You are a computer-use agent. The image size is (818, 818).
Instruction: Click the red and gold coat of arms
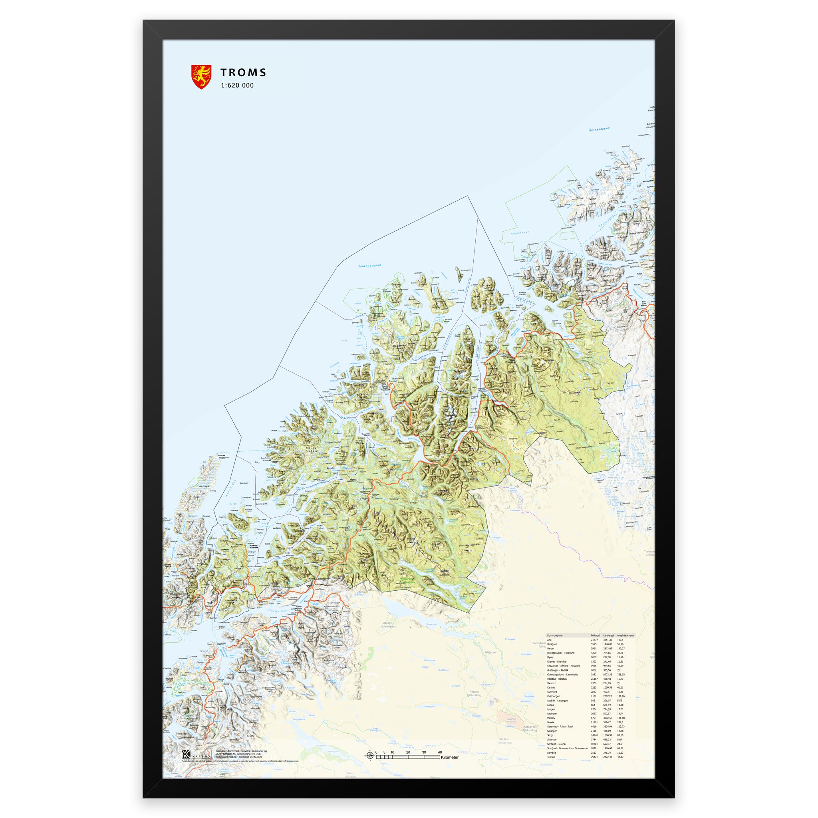(201, 77)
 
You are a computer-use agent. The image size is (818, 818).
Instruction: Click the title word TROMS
(243, 72)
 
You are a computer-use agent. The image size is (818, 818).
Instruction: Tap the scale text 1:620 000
(237, 85)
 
